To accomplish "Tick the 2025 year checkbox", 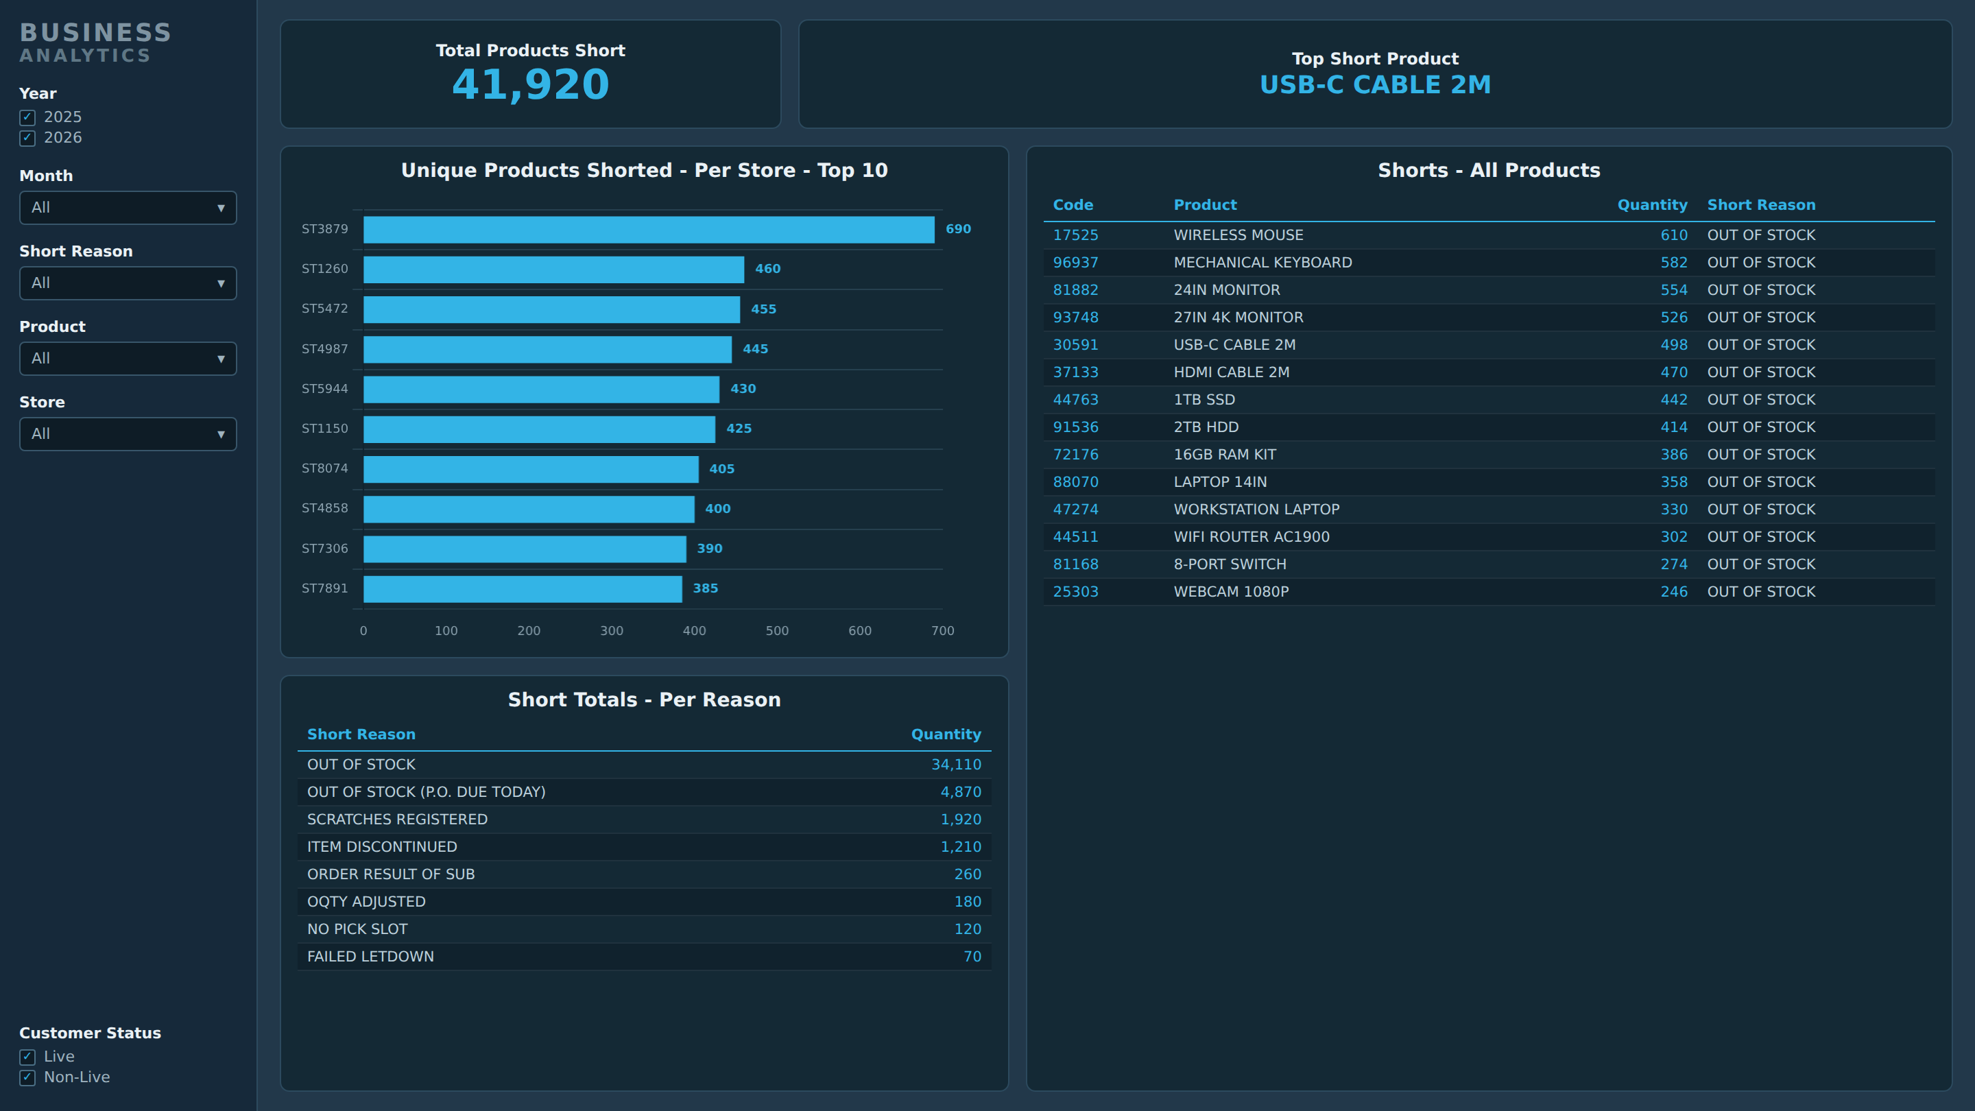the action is (27, 117).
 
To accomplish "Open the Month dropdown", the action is (128, 208).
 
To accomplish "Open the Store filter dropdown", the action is (128, 434).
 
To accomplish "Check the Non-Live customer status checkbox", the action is (27, 1077).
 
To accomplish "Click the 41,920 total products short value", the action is (531, 84).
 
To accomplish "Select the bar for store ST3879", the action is (649, 229).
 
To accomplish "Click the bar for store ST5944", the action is (541, 389).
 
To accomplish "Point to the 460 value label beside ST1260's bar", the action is (767, 268).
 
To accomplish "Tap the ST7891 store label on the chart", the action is (324, 588).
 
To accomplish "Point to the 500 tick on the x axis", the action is (777, 630).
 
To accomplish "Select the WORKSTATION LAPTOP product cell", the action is (1256, 509).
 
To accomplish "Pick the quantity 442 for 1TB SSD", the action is (1674, 399).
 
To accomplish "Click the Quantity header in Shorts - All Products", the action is (1652, 205).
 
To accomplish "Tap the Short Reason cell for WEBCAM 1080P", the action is (1761, 592).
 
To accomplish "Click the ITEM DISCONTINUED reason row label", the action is (382, 846).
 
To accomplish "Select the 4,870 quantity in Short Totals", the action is (961, 792).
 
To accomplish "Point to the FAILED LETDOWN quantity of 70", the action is (972, 956).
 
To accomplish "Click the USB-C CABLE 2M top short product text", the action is (1376, 84).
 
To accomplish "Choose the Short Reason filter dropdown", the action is (128, 283).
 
